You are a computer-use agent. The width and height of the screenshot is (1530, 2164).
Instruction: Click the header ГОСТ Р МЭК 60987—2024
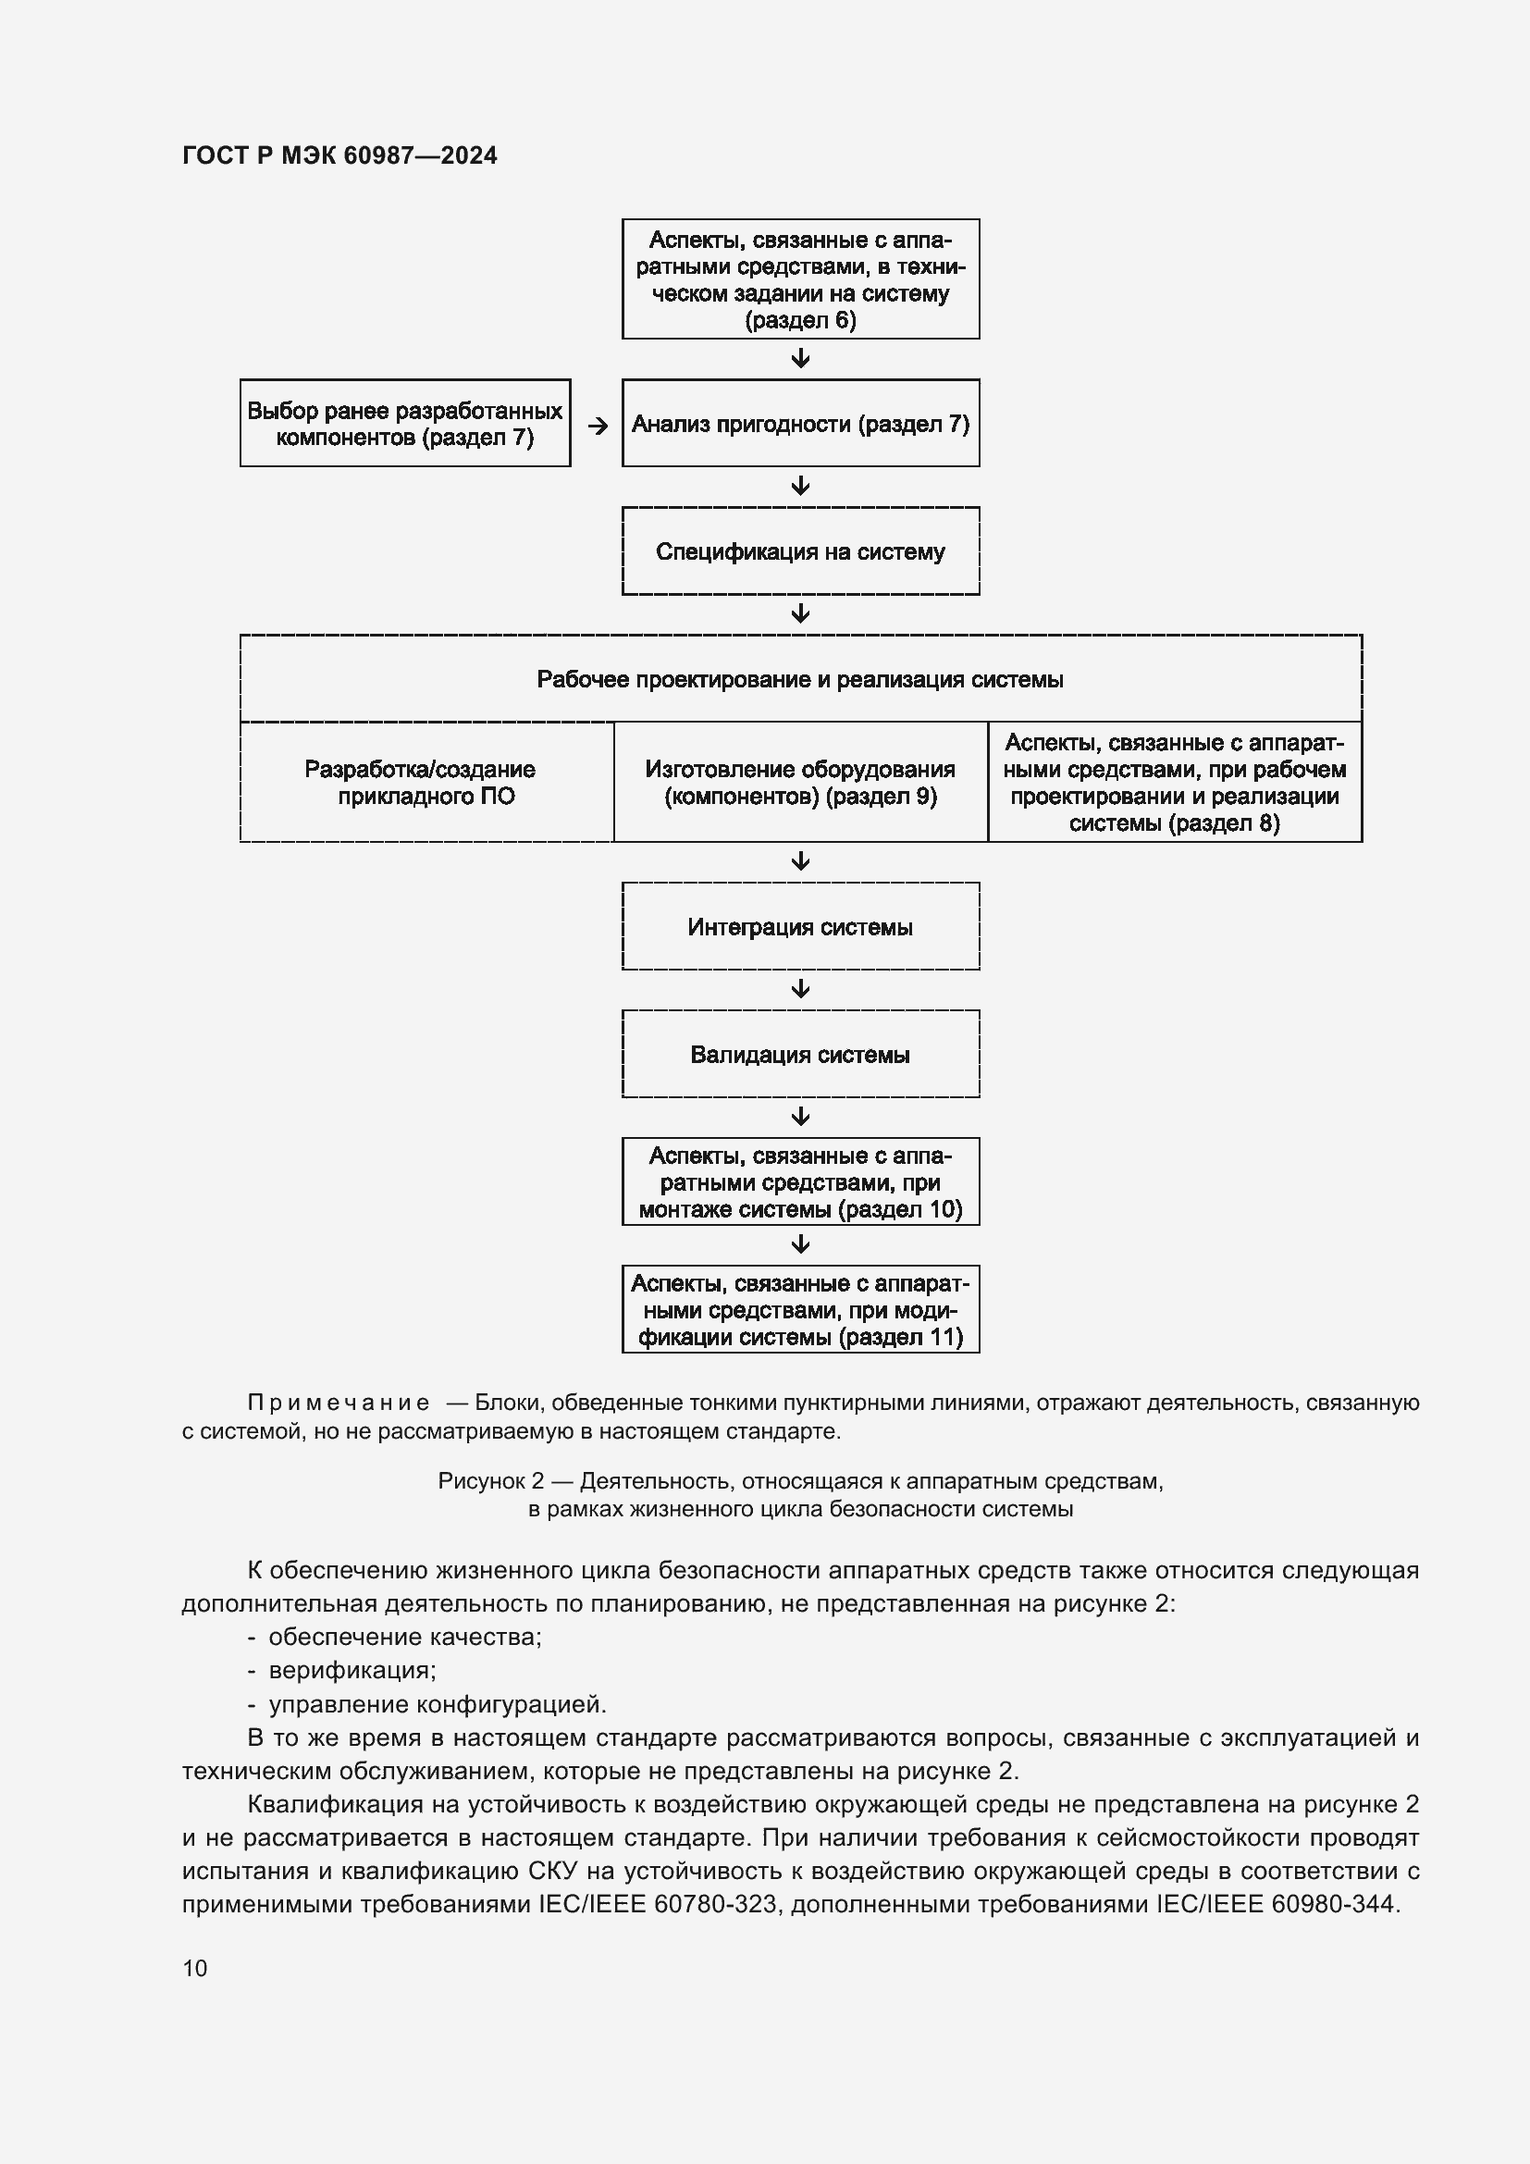pos(339,155)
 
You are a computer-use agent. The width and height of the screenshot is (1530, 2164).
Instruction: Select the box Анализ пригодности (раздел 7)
pos(800,423)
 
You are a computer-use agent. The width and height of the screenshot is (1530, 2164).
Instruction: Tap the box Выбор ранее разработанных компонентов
pos(405,423)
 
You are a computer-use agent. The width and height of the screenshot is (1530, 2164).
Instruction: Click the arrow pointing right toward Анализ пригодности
pos(598,426)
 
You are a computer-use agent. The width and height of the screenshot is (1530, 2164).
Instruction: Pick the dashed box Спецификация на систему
pos(800,551)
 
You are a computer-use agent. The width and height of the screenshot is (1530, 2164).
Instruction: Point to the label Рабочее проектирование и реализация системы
pos(800,680)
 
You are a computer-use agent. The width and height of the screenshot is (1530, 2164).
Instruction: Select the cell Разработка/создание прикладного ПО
pos(426,783)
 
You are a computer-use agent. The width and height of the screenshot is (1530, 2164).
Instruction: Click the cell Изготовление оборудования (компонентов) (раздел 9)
pos(800,783)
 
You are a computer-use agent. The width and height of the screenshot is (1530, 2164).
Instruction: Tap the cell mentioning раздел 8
pos(1174,783)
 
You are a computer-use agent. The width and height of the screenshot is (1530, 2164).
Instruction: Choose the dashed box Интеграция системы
pos(800,926)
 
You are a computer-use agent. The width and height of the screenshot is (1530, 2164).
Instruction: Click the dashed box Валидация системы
pos(800,1054)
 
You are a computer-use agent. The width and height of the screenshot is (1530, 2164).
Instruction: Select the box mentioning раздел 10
pos(800,1181)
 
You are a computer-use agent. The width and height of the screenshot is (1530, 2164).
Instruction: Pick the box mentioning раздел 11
pos(800,1309)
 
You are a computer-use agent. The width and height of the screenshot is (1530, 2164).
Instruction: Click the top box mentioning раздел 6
pos(800,279)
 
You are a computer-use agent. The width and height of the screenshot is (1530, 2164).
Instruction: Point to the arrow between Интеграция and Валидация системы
pos(801,989)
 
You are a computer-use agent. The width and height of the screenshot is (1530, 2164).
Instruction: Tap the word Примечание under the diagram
pos(339,1403)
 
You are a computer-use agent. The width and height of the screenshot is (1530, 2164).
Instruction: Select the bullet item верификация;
pos(352,1670)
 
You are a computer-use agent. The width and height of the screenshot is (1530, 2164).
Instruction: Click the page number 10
pos(195,1968)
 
